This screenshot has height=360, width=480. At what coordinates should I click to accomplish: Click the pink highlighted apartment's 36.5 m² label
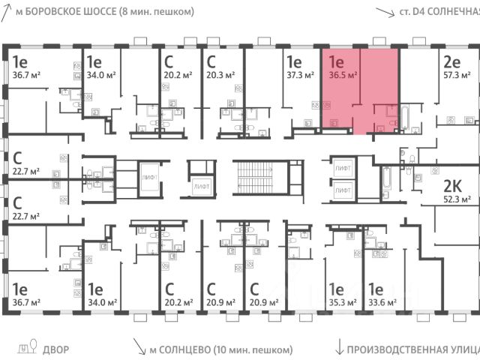pos(342,74)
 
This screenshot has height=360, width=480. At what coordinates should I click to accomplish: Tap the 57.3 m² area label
pos(456,77)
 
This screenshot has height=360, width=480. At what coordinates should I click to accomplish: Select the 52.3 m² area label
pos(456,199)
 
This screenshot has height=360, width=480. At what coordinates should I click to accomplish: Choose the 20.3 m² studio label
pos(221,74)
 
